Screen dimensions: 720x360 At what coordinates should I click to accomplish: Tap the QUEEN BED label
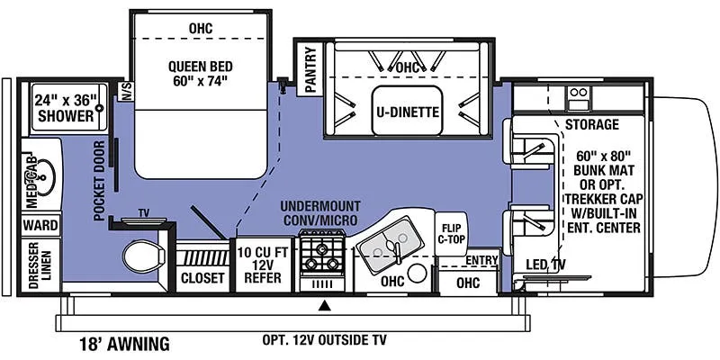click(x=200, y=67)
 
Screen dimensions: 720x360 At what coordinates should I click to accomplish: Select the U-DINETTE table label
click(x=408, y=112)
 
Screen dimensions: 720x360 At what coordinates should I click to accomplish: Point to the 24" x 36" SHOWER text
click(x=66, y=108)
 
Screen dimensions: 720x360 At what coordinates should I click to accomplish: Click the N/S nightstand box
click(x=126, y=91)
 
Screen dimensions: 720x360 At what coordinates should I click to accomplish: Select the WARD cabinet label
click(x=40, y=226)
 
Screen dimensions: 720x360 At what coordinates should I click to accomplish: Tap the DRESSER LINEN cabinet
click(x=40, y=265)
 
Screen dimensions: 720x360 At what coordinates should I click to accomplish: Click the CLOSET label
click(x=202, y=278)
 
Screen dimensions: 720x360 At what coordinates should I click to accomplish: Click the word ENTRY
click(x=481, y=260)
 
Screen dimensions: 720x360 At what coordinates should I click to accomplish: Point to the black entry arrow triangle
click(x=325, y=304)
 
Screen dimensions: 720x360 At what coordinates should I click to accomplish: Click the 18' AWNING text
click(x=124, y=344)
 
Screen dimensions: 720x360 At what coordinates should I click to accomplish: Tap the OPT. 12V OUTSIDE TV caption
click(x=325, y=340)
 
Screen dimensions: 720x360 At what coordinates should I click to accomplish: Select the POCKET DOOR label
click(x=100, y=181)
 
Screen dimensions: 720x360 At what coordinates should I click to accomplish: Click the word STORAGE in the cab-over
click(x=592, y=124)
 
